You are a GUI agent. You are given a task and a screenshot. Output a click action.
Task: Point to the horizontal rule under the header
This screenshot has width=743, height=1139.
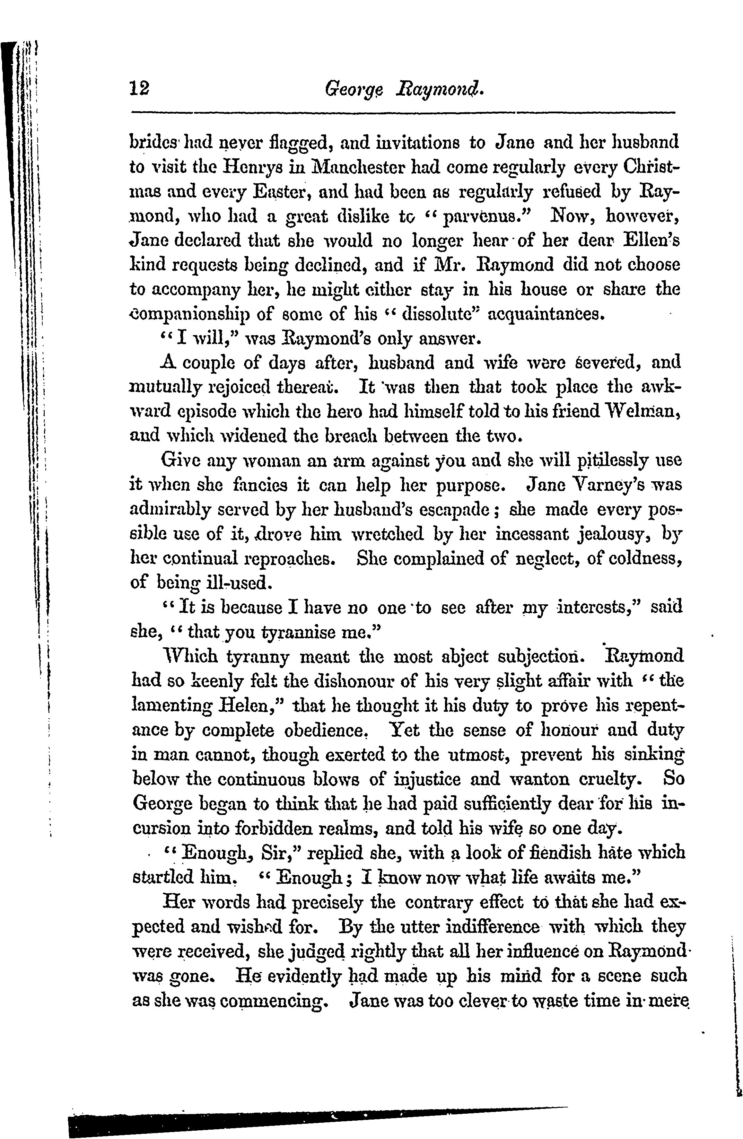(x=402, y=113)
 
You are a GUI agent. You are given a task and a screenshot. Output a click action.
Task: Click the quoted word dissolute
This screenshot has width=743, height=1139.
(x=434, y=314)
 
